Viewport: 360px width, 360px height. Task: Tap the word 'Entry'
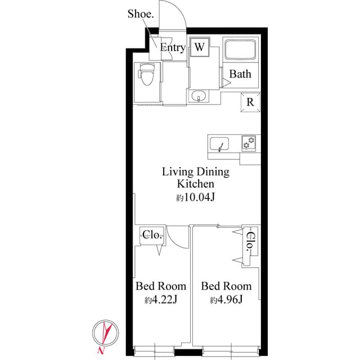[x=173, y=48]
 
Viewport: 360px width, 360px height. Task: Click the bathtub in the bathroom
[x=240, y=51]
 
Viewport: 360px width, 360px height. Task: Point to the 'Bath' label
[x=240, y=74]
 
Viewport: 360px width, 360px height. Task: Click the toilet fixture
[x=146, y=74]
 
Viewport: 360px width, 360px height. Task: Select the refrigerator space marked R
[x=250, y=102]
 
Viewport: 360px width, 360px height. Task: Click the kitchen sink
[x=219, y=145]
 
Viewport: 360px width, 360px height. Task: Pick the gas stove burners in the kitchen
[x=249, y=143]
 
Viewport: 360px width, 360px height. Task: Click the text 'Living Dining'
[x=195, y=172]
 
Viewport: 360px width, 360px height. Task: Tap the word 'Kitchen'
[x=195, y=184]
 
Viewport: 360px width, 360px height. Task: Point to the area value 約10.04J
[x=196, y=197]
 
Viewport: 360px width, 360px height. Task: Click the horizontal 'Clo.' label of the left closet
[x=152, y=235]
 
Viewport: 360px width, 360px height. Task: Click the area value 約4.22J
[x=161, y=300]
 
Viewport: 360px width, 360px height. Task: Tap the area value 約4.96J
[x=226, y=300]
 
